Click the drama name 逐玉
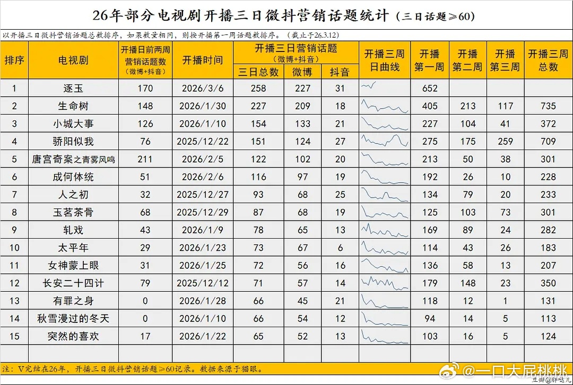73,89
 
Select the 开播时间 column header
202,60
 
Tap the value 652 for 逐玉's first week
430,89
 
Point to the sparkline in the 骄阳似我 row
385,141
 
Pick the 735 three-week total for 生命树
548,106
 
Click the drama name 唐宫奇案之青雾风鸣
73,159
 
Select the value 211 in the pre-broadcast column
145,159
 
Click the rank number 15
14,336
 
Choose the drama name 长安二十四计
73,283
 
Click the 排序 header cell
14,60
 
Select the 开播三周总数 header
548,60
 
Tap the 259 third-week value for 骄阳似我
505,142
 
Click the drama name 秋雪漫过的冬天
73,319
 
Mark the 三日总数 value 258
258,89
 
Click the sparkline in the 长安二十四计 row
385,283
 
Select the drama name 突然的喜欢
73,336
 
